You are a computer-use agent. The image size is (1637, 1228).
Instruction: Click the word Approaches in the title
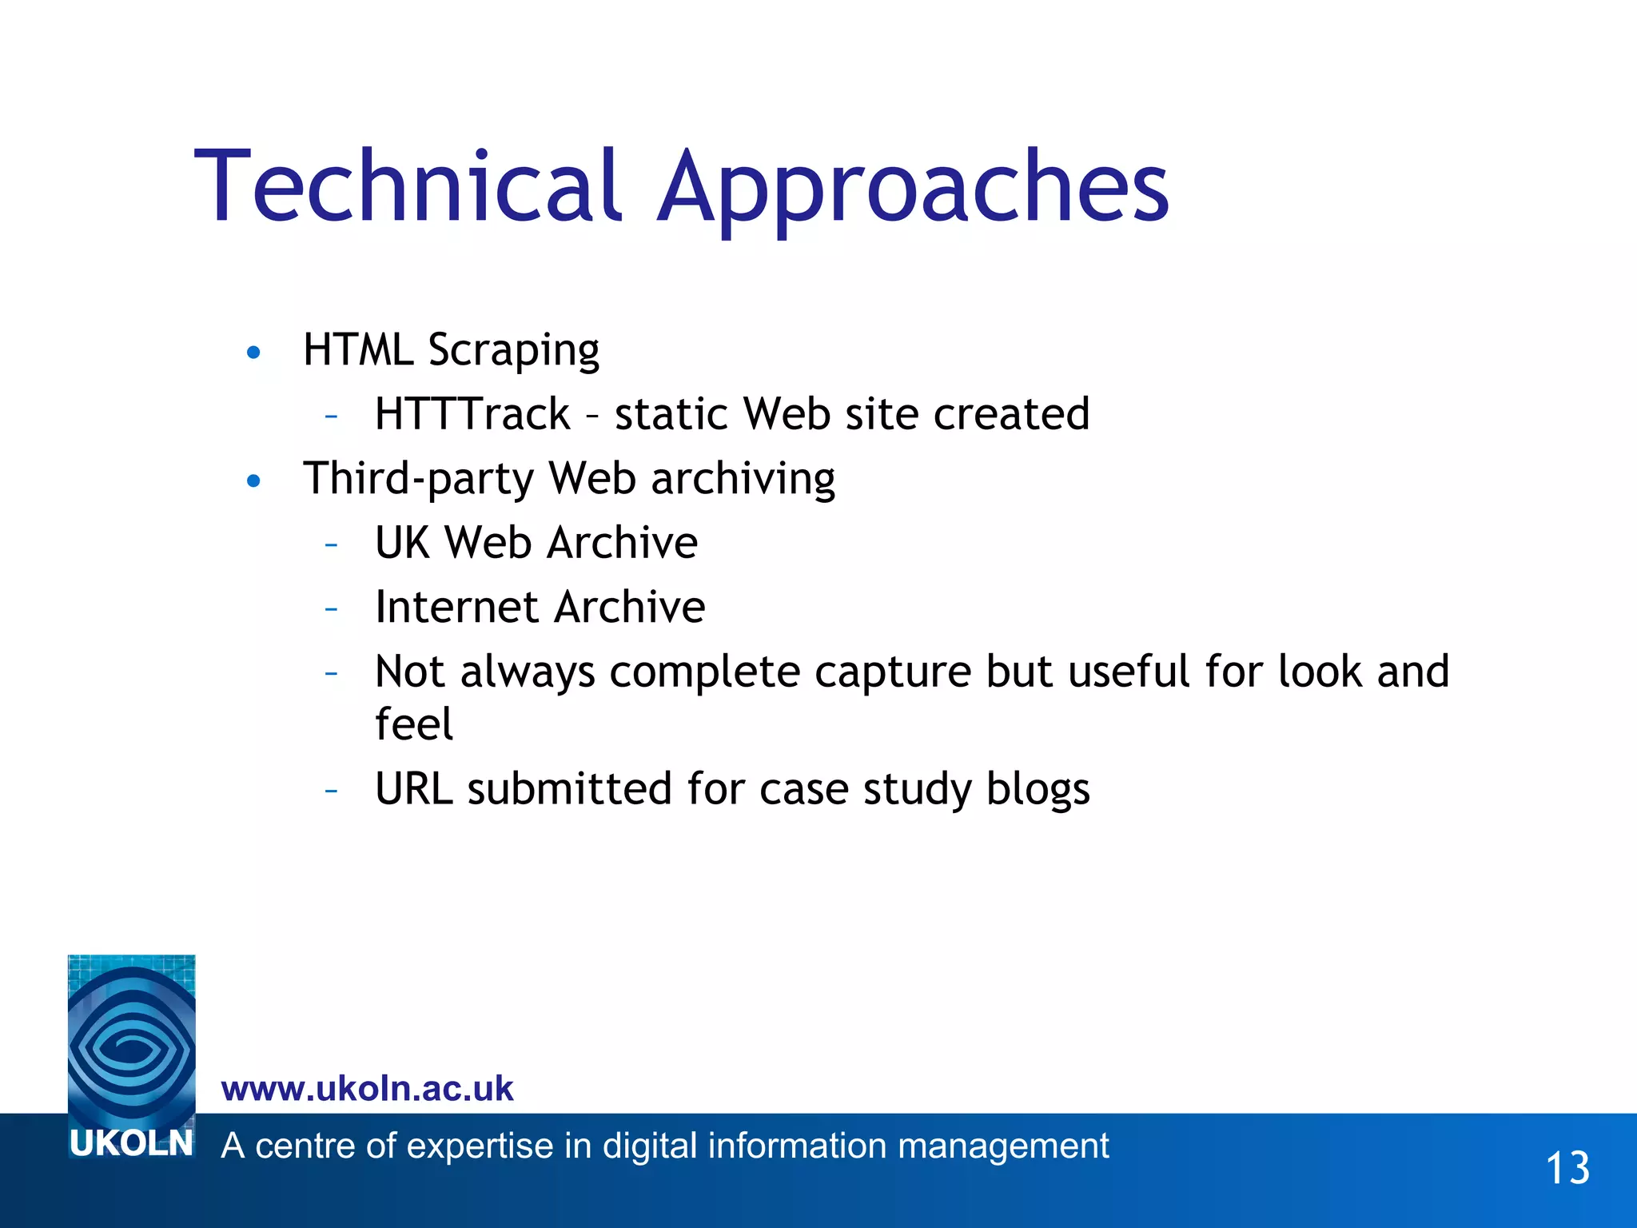click(913, 189)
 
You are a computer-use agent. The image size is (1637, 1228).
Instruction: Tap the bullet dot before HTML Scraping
click(254, 353)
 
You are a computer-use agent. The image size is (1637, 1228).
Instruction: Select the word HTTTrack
click(472, 414)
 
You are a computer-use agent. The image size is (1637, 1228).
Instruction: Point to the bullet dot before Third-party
click(254, 480)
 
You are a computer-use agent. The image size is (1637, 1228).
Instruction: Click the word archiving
click(743, 480)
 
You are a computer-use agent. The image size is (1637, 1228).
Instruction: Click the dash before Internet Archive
click(332, 608)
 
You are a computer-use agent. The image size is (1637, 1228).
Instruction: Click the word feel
click(414, 724)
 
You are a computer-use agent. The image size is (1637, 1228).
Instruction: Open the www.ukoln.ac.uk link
click(367, 1089)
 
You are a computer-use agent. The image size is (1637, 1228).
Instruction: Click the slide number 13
click(1567, 1168)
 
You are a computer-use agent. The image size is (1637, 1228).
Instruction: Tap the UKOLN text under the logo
click(132, 1144)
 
